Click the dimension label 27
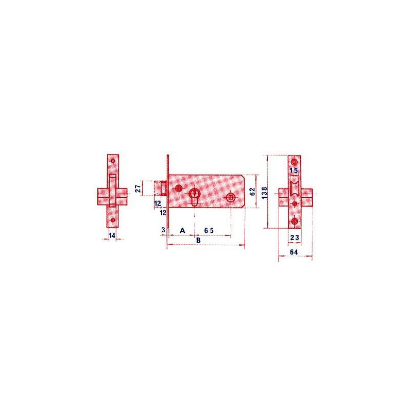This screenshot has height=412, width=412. point(138,188)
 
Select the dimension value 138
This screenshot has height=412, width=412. point(265,193)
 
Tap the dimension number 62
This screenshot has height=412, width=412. point(252,192)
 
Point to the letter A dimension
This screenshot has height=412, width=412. point(182,231)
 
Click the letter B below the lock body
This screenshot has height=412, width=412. point(198,240)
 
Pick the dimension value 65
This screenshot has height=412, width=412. point(209,231)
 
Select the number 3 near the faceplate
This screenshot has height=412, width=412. point(163,230)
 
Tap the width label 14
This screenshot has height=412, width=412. point(112,235)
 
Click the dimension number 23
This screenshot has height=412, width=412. point(295,237)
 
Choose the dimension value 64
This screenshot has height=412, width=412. point(294,252)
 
